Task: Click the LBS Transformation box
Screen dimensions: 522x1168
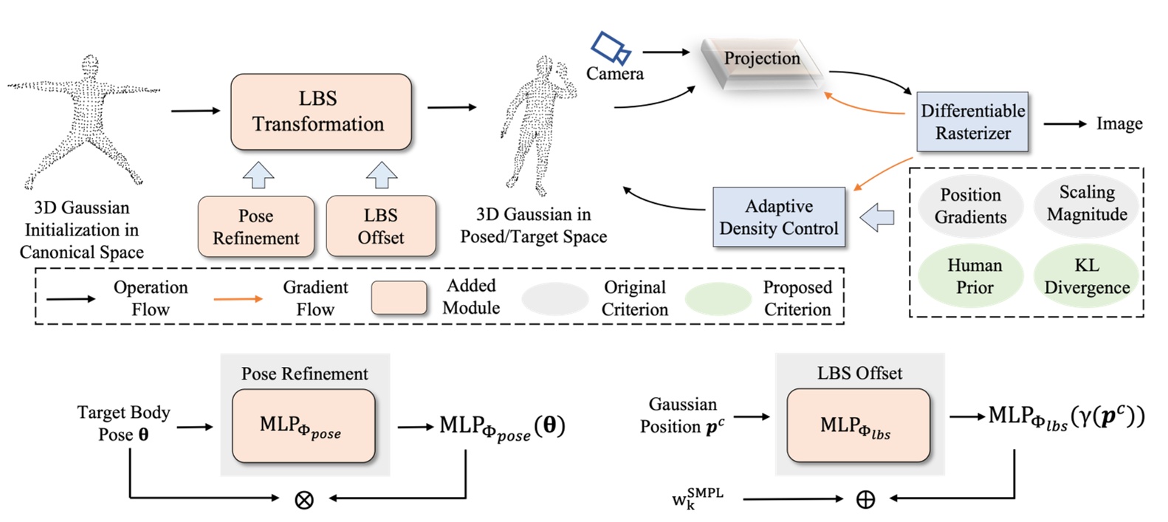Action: coord(320,111)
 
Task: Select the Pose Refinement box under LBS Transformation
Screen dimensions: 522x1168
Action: coord(255,227)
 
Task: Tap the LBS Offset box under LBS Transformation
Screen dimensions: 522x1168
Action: coord(381,226)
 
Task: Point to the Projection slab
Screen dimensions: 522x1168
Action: coord(761,61)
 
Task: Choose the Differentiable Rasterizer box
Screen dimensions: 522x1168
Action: coord(972,122)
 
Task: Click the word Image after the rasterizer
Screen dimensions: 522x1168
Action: coord(1119,124)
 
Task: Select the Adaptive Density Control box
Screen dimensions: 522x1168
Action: coord(778,217)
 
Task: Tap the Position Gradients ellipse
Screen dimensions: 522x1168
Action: coord(970,206)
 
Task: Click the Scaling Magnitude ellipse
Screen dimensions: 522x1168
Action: coord(1086,203)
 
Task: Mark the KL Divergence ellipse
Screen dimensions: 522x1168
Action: coord(1086,276)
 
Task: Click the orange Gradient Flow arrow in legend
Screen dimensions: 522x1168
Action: coord(238,299)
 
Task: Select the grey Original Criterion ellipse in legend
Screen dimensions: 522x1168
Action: coord(554,299)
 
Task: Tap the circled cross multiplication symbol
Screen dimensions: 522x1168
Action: coord(303,500)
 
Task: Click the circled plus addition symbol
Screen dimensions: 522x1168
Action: coord(865,500)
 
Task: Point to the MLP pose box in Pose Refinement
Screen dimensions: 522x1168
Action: coord(303,426)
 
